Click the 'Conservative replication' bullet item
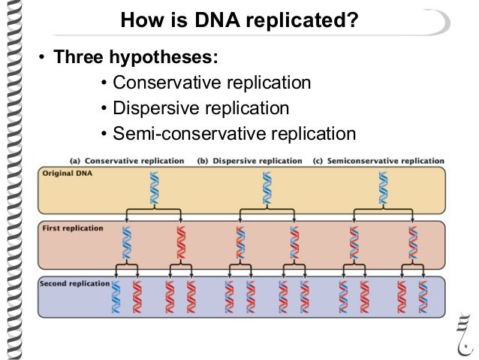tap(211, 83)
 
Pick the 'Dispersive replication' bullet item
tap(200, 108)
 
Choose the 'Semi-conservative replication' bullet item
tap(233, 134)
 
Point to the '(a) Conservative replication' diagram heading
tap(127, 161)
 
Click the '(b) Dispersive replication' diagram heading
tap(249, 161)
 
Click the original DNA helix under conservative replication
tap(154, 188)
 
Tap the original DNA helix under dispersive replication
tap(266, 188)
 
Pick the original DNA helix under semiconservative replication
tap(383, 188)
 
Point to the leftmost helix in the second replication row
tap(116, 297)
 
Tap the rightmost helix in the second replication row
tap(423, 297)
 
